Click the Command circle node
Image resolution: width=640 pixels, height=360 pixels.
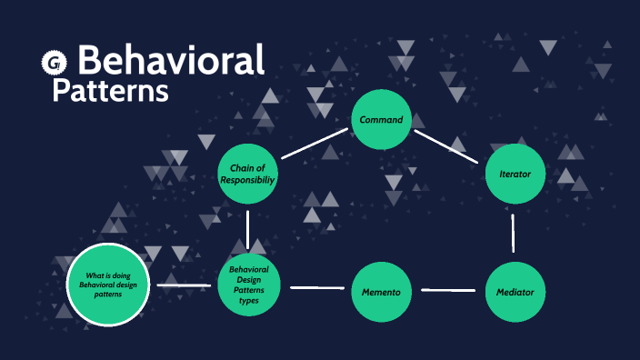(382, 120)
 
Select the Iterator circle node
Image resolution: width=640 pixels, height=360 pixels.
(515, 174)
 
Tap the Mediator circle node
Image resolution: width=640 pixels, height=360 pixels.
(515, 292)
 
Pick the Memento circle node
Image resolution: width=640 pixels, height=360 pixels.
(382, 292)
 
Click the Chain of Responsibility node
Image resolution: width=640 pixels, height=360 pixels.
(248, 174)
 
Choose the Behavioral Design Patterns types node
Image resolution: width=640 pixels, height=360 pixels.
(248, 285)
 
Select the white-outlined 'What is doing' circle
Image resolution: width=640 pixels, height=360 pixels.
(107, 285)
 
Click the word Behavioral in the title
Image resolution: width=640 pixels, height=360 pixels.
(171, 60)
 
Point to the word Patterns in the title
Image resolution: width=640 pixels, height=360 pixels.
(110, 91)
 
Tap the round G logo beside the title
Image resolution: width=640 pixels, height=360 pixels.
(55, 62)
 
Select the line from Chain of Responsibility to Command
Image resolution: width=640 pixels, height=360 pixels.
(315, 144)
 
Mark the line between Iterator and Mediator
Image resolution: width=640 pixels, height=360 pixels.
(514, 233)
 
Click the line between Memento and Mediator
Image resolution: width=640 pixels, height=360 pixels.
(448, 291)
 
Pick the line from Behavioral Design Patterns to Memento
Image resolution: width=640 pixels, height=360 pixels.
(316, 288)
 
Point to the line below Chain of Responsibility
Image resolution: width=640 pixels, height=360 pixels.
(247, 229)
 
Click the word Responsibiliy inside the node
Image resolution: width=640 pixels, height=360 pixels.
(248, 180)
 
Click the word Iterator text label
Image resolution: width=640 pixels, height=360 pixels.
(515, 174)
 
